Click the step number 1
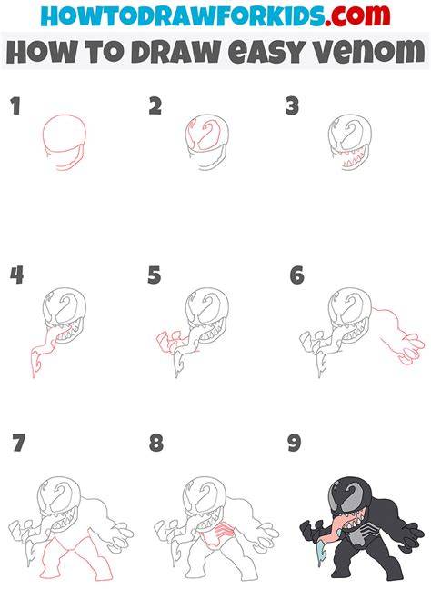point(15,106)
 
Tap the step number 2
point(155,106)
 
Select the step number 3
point(292,106)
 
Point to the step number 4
point(16,275)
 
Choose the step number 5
point(155,275)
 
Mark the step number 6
point(297,275)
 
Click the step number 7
point(19,443)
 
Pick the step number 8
point(155,443)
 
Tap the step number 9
point(295,443)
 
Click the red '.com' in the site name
point(357,15)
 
